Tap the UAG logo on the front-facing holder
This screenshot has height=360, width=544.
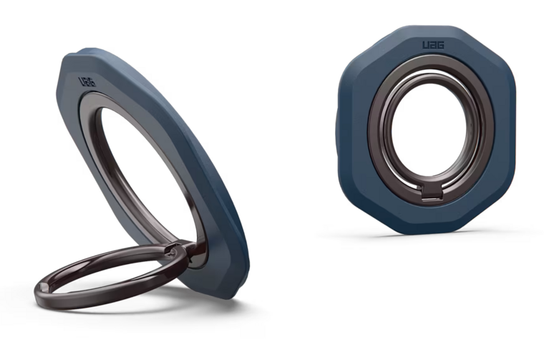coord(433,45)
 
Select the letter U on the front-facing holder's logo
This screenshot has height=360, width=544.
coord(425,45)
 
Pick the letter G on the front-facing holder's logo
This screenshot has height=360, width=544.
coord(441,45)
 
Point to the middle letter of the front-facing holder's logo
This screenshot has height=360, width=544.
coord(433,45)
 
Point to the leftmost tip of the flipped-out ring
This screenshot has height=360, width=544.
coord(35,291)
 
